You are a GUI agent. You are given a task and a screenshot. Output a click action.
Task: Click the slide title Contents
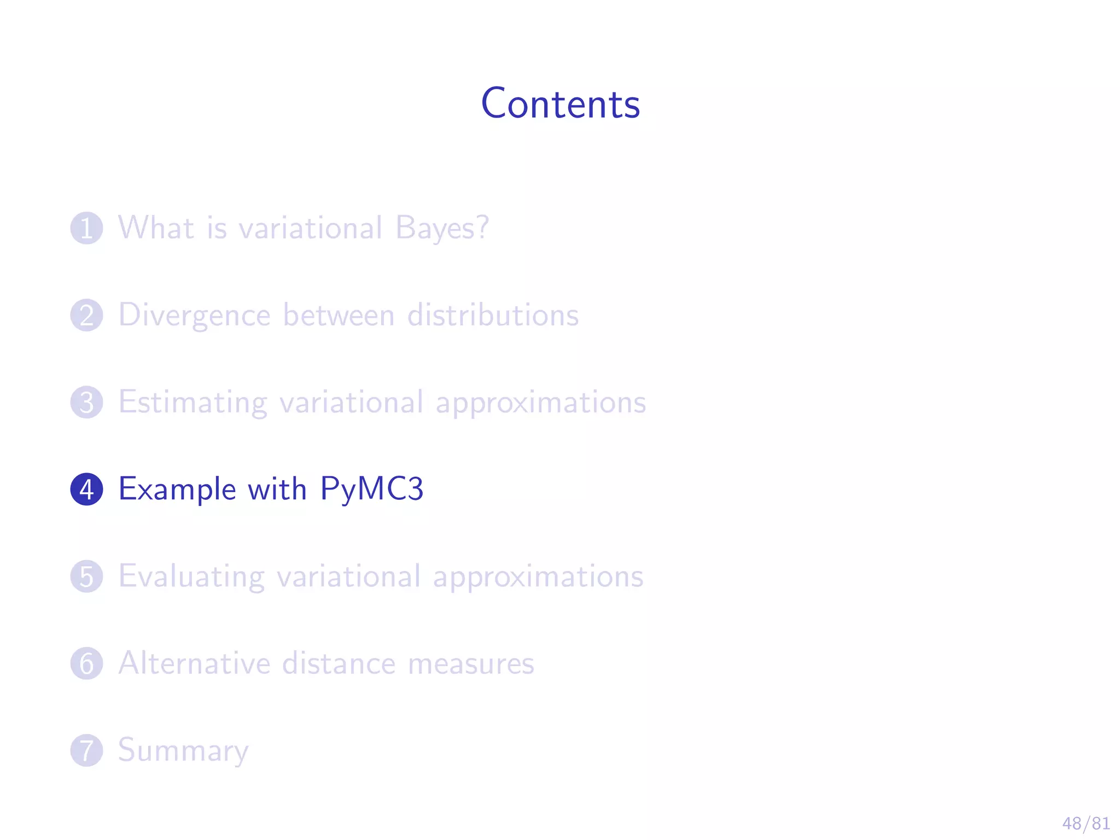pos(560,103)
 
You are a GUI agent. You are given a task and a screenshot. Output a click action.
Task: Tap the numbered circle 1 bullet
pos(86,228)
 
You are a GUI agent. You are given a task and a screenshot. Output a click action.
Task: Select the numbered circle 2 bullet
pos(86,315)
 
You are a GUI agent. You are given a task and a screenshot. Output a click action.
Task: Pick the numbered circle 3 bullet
pos(86,402)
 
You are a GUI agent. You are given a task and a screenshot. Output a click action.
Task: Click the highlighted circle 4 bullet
pos(86,489)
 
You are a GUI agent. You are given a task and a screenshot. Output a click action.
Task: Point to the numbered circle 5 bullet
pos(86,576)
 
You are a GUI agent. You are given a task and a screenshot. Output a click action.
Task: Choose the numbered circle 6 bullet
pos(86,663)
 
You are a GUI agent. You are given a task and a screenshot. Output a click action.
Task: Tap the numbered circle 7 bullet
pos(86,750)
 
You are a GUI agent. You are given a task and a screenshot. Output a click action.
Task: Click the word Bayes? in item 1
pos(442,229)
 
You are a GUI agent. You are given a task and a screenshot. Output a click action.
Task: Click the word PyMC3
pos(371,489)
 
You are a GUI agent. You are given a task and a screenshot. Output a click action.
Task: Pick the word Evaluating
pos(191,577)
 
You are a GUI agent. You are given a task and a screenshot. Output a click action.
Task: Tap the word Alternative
pos(194,663)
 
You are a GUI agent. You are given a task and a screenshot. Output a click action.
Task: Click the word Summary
pos(183,751)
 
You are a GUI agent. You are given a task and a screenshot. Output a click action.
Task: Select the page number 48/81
pos(1086,823)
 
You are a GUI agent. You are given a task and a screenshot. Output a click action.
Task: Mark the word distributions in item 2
pos(493,316)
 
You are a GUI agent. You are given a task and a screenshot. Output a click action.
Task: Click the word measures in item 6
pos(471,664)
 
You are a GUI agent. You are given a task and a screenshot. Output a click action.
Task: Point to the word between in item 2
pos(339,316)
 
